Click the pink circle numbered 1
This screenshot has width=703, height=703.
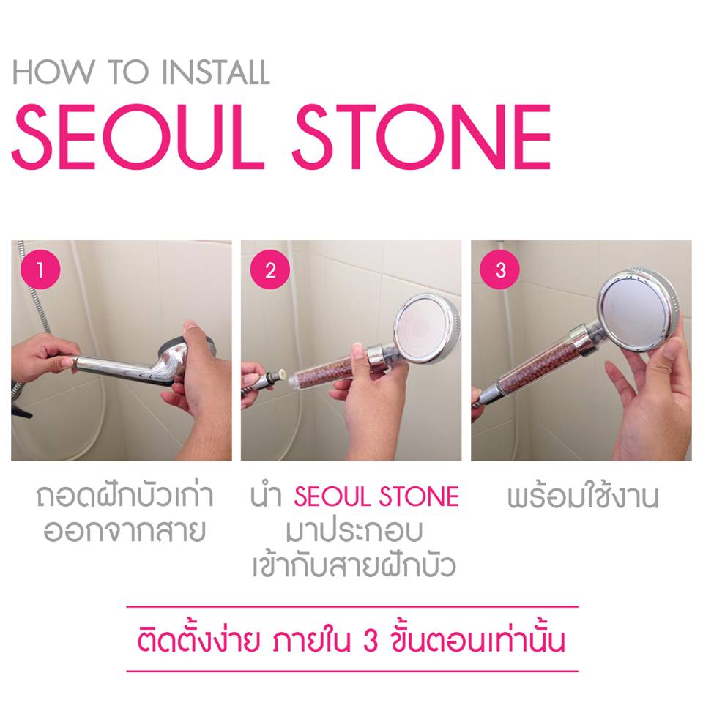pyautogui.click(x=40, y=270)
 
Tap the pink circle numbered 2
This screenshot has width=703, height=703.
pyautogui.click(x=270, y=270)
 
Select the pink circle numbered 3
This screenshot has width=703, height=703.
pyautogui.click(x=500, y=270)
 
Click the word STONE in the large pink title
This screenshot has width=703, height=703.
pyautogui.click(x=422, y=137)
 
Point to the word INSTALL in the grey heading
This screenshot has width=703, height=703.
pyautogui.click(x=215, y=72)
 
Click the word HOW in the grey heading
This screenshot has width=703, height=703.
pyautogui.click(x=53, y=72)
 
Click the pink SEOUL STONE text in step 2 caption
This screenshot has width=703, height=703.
pyautogui.click(x=376, y=496)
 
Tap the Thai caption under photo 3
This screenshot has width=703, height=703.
pyautogui.click(x=583, y=496)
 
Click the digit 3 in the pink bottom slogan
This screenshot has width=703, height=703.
pyautogui.click(x=371, y=641)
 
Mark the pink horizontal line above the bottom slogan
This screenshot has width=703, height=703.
pyautogui.click(x=352, y=607)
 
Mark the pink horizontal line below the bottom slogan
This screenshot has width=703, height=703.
pyautogui.click(x=352, y=672)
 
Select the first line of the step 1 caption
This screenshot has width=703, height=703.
pyautogui.click(x=125, y=495)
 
